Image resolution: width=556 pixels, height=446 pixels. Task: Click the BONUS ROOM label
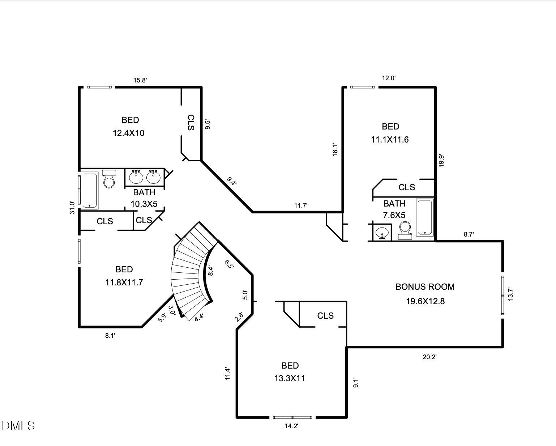425,287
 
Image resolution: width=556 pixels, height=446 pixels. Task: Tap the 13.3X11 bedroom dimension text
290,378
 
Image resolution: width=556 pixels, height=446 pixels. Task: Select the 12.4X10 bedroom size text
128,133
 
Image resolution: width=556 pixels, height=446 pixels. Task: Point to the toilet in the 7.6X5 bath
405,230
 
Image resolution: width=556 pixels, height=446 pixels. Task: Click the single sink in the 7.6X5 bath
382,232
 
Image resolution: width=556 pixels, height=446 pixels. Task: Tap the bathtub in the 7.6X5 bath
425,217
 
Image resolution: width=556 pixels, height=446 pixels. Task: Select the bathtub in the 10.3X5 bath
89,190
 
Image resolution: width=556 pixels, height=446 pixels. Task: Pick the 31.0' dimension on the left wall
72,208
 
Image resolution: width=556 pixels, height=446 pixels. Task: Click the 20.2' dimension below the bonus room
429,357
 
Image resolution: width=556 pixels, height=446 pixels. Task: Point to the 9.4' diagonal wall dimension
232,181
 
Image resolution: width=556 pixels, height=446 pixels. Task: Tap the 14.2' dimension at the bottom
291,426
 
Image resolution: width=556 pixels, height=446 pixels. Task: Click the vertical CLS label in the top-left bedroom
191,123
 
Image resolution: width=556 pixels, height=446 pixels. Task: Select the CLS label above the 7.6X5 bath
406,187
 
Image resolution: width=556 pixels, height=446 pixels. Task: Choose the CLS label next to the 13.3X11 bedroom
325,316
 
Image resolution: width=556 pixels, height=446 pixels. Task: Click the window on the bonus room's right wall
502,295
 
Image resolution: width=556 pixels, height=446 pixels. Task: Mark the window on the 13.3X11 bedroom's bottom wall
292,417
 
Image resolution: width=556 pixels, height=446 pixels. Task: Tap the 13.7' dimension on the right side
510,294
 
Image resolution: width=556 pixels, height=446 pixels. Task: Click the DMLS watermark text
18,426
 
